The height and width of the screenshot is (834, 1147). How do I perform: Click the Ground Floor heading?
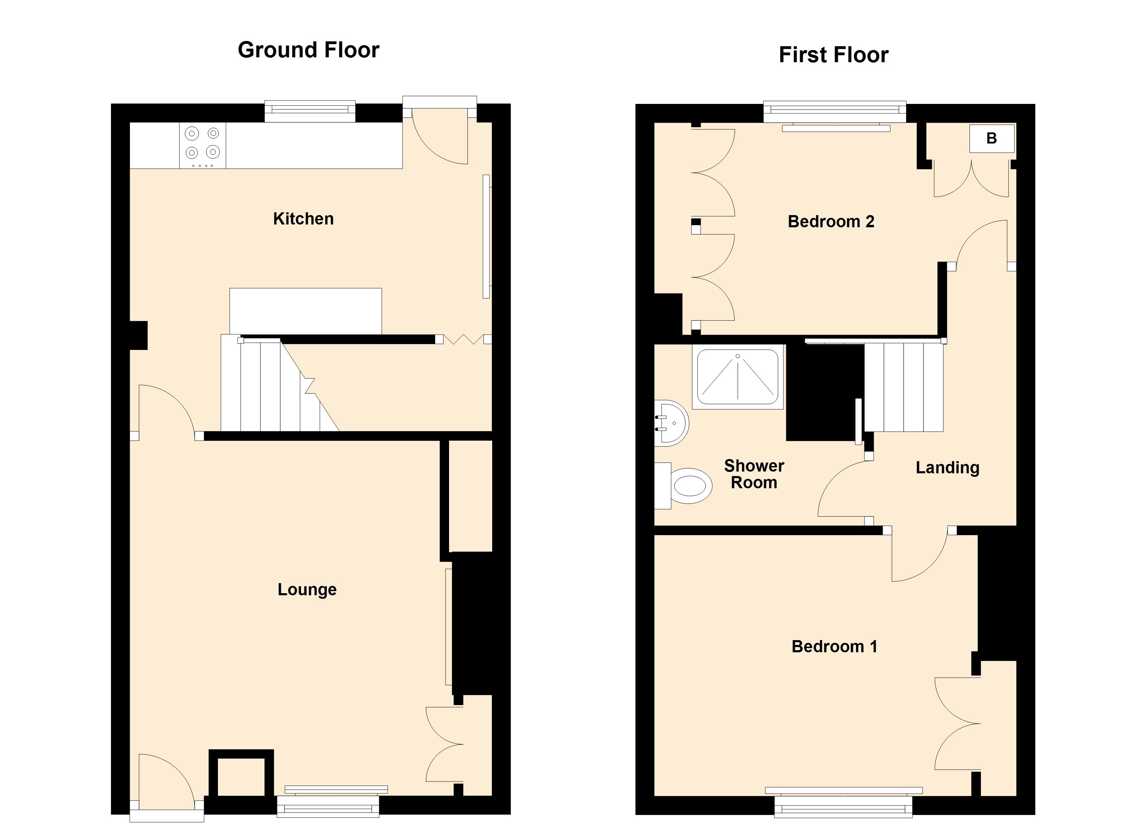(x=309, y=50)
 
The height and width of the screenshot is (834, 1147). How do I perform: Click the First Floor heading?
(x=833, y=55)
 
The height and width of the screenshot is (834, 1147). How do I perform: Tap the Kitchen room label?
(x=303, y=219)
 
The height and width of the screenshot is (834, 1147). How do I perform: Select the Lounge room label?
(x=307, y=590)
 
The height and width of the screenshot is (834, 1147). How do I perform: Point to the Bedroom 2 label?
(x=831, y=221)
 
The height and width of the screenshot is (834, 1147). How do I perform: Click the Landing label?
(x=947, y=468)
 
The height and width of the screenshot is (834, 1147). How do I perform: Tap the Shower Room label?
(x=754, y=474)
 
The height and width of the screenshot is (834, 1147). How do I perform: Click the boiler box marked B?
(x=992, y=138)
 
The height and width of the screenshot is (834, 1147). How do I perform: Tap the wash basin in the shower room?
(x=671, y=423)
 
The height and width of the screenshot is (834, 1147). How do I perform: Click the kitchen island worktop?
(x=306, y=311)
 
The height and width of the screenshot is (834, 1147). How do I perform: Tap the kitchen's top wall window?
(x=310, y=112)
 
